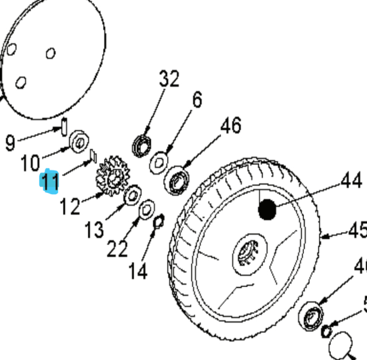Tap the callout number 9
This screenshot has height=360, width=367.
click(9, 142)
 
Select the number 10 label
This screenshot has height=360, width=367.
click(31, 163)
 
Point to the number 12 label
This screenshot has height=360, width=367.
click(70, 206)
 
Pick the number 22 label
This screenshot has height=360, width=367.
click(118, 249)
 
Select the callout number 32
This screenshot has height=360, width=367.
click(169, 79)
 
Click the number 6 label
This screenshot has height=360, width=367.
click(197, 100)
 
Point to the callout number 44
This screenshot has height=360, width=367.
click(351, 181)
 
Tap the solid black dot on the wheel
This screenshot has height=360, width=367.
click(267, 210)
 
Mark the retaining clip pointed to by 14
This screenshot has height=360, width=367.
click(159, 219)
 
